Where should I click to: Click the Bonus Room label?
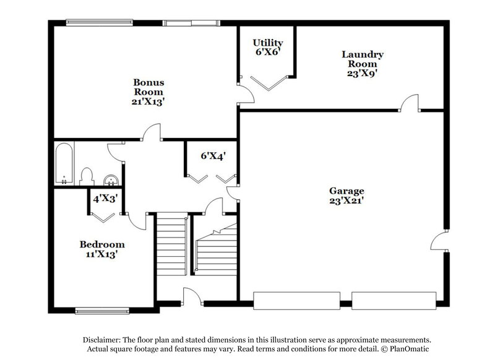coord(148,86)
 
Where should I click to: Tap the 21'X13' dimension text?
coord(148,102)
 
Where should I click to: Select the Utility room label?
coord(268,43)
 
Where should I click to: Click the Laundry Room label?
coord(363,59)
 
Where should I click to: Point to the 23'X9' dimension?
coord(363,72)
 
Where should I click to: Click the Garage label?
coord(346,191)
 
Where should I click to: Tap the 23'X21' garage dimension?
coord(346,200)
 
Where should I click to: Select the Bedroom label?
coord(102,244)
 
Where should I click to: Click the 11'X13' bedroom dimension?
coord(102,254)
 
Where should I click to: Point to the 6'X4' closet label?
coord(209,156)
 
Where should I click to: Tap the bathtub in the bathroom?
coord(64,164)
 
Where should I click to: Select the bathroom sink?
coord(111,180)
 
